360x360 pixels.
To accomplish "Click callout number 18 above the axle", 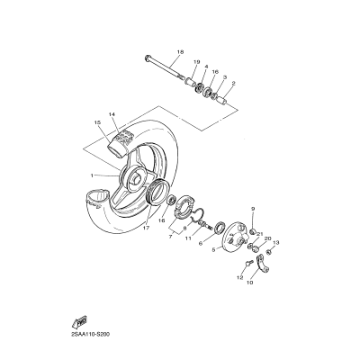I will [180, 52].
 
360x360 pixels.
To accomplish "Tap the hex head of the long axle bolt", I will [142, 59].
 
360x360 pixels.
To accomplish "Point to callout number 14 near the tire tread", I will [112, 114].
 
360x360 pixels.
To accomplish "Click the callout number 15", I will [96, 122].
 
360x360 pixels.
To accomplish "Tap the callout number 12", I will [240, 278].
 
